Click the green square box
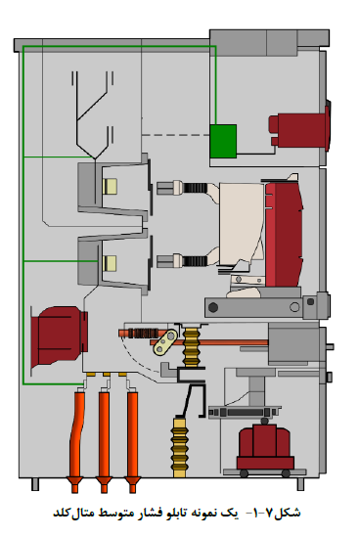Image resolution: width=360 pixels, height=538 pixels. pos(223,141)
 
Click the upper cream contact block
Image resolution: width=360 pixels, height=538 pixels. pos(110,186)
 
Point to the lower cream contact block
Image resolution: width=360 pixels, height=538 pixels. pos(110,263)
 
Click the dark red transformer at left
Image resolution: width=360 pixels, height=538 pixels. pos(59,336)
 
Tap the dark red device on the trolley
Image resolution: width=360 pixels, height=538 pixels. pos(265,446)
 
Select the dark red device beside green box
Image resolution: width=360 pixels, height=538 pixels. pos(300,130)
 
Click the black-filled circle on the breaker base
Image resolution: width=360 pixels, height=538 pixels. pos(213,307)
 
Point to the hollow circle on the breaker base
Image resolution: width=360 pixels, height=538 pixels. pos(294,306)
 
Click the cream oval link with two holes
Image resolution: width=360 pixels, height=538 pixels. pos(165,342)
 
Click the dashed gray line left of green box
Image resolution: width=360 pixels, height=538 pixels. pos(176,135)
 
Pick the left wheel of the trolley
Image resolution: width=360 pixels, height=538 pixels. pos(244,473)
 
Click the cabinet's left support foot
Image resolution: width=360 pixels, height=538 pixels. pos(35,484)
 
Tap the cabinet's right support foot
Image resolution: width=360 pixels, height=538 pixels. pos(300,484)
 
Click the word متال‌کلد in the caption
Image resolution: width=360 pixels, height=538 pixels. pos(73,514)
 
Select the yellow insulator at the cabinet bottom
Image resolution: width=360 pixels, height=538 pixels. pos(179,447)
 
